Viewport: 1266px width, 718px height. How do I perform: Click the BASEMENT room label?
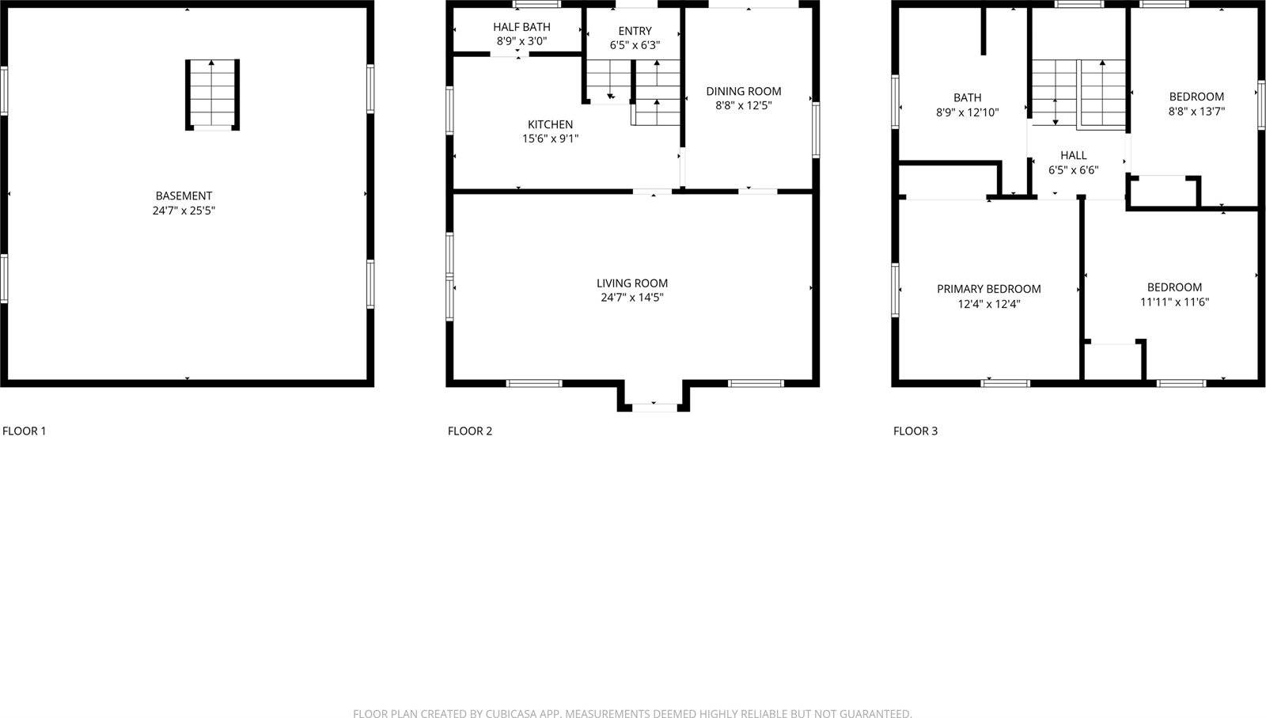coord(184,196)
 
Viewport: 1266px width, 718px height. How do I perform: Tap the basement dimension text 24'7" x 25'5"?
coord(184,211)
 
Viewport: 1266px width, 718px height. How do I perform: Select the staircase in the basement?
coord(212,94)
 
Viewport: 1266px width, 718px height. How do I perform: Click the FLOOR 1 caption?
coord(25,431)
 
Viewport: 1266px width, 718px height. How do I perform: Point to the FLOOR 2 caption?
coord(470,431)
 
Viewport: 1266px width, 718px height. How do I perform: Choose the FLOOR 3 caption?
coord(915,431)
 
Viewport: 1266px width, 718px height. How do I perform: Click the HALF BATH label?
coord(521,27)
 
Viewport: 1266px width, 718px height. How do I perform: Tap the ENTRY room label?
coord(635,31)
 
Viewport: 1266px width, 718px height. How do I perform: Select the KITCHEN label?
coord(550,124)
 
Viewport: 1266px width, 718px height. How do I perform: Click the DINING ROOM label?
coord(743,91)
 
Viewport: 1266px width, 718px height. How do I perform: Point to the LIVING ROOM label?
coord(631,283)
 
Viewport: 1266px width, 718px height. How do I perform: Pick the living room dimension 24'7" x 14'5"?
coord(631,298)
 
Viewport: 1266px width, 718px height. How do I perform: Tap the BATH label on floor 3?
coord(967,97)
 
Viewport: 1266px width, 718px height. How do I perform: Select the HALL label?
coord(1073,155)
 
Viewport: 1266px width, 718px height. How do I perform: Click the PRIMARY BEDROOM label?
coord(988,289)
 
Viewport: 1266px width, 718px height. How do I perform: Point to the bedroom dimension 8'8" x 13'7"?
coord(1196,112)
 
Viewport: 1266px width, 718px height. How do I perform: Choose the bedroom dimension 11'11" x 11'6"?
coord(1174,302)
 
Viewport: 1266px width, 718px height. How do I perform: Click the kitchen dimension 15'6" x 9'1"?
coord(550,139)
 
